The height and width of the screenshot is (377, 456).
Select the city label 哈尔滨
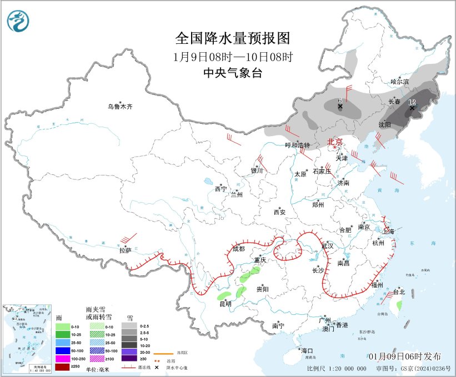pyautogui.click(x=399, y=82)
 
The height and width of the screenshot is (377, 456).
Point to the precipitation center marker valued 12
pyautogui.click(x=412, y=108)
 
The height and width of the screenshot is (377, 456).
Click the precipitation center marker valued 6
pyautogui.click(x=340, y=106)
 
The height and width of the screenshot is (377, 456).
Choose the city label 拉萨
pyautogui.click(x=125, y=250)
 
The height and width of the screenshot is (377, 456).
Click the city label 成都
pyautogui.click(x=238, y=249)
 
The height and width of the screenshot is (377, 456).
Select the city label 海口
pyautogui.click(x=307, y=351)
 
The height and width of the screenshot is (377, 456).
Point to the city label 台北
pyautogui.click(x=399, y=291)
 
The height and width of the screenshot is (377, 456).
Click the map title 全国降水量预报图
pyautogui.click(x=233, y=38)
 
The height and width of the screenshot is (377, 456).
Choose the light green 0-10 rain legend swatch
pyautogui.click(x=62, y=326)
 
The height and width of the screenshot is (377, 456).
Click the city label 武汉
pyautogui.click(x=327, y=245)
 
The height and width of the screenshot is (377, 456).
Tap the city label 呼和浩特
pyautogui.click(x=297, y=145)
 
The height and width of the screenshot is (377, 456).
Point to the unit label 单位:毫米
pyautogui.click(x=97, y=369)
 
